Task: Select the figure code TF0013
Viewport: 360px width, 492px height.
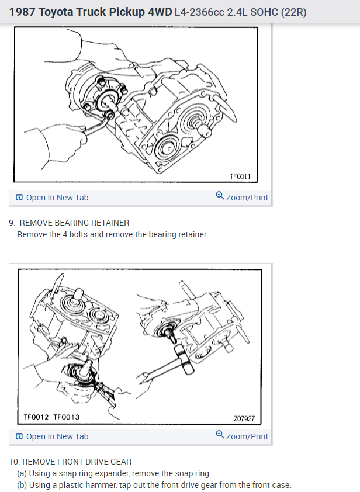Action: (66, 417)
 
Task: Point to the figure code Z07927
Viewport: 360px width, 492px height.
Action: (243, 419)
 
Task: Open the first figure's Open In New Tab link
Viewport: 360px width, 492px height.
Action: (57, 198)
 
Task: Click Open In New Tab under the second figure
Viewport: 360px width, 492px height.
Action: (57, 436)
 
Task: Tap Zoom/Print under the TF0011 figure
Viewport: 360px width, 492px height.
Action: (247, 198)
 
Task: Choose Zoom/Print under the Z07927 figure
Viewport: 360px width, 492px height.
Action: (247, 436)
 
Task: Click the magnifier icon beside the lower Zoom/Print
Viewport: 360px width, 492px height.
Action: (219, 435)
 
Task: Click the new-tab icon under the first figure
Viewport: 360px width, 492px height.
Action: (20, 198)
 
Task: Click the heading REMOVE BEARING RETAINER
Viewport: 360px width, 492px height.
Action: (75, 223)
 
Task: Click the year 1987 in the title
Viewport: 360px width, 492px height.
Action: (22, 12)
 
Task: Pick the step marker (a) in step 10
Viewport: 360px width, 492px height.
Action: (22, 473)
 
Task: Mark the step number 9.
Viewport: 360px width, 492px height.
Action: (12, 223)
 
